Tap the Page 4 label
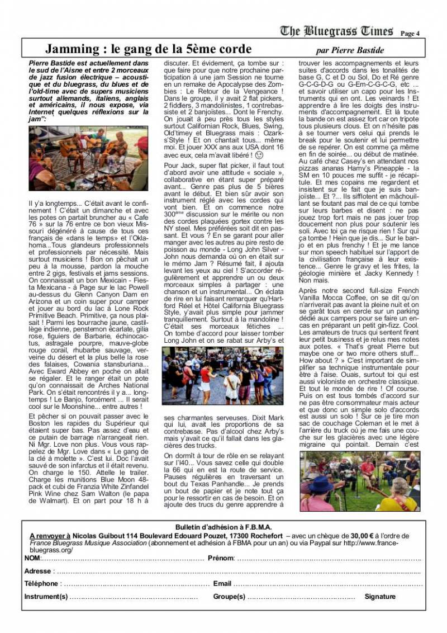[x=410, y=34]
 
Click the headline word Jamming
[x=71, y=49]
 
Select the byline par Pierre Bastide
[x=350, y=50]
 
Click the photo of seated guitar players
[x=88, y=158]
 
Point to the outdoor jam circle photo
[x=359, y=481]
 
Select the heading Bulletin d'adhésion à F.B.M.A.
[x=223, y=527]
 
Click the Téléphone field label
[x=41, y=584]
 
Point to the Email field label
[x=222, y=584]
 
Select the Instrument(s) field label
[x=46, y=597]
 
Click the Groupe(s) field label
[x=229, y=597]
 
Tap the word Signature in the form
[x=380, y=597]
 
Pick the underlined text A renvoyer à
[x=50, y=536]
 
